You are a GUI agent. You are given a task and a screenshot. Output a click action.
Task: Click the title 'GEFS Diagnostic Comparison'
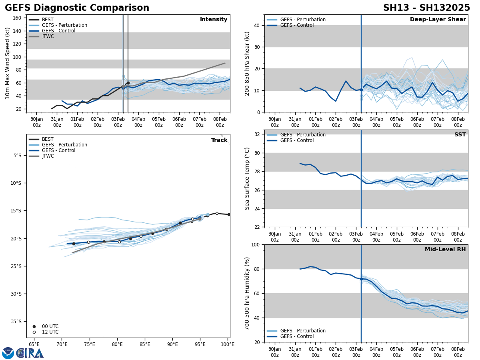77,8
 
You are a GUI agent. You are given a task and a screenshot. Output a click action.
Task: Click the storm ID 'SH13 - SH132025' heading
426,8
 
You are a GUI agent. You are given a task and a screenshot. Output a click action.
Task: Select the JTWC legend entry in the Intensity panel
48,36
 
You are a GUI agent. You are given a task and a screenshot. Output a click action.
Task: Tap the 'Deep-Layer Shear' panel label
438,20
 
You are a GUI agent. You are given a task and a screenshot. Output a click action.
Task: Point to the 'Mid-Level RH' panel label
445,250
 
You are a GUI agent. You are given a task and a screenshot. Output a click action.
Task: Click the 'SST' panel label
460,135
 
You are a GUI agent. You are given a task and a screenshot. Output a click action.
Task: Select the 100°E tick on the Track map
228,344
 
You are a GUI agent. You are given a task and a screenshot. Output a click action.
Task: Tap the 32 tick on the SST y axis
257,134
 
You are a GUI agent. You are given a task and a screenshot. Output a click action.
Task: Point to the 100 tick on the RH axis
255,245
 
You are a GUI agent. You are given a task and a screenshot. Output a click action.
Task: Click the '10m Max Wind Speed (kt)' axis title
8,63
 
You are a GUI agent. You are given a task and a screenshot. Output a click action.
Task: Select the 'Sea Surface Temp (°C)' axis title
247,178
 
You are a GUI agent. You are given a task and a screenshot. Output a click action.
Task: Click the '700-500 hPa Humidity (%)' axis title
247,293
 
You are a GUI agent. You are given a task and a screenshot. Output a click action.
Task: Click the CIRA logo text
30,353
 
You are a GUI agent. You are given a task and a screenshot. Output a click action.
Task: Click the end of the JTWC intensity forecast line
225,63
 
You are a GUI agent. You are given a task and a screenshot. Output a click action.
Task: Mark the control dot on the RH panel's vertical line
361,279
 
